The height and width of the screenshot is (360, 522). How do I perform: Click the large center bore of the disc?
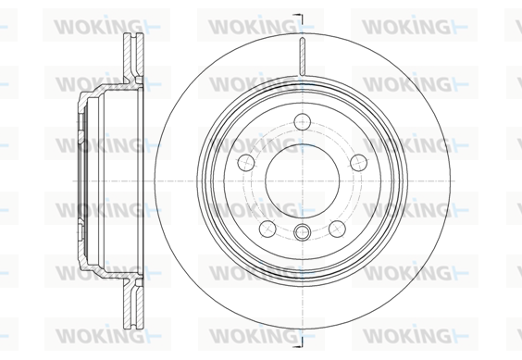(x=303, y=181)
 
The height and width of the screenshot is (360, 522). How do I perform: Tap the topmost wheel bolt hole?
(x=303, y=121)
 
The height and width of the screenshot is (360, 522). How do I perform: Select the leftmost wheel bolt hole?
(x=246, y=163)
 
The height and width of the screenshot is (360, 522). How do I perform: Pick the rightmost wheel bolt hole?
(x=359, y=163)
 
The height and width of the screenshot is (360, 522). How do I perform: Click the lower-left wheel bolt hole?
(x=267, y=229)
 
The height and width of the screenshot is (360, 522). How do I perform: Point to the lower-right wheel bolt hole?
(x=337, y=229)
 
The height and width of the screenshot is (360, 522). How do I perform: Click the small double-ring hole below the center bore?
(x=303, y=231)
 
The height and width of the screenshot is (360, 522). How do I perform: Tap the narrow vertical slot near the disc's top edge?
(x=303, y=56)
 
